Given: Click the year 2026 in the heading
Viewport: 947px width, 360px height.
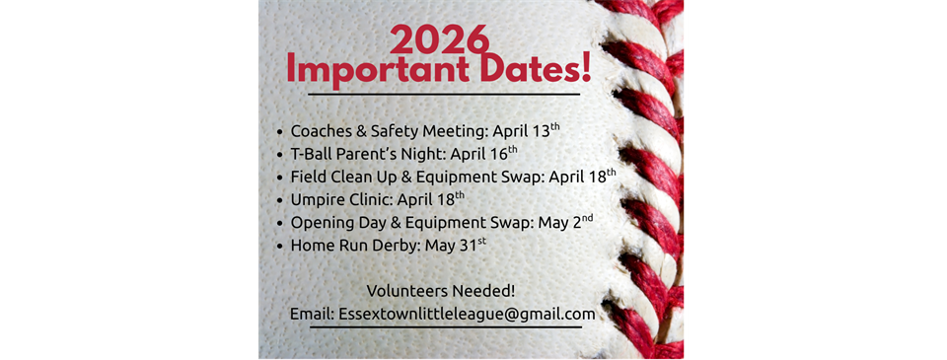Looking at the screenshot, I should click(439, 38).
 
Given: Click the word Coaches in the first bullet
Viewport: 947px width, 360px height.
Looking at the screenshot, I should click(323, 130).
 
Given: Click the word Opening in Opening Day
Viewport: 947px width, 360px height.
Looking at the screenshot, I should click(324, 221).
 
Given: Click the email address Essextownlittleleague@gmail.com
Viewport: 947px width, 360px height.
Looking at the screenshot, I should click(467, 315).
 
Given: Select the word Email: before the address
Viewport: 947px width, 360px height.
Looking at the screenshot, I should click(312, 315).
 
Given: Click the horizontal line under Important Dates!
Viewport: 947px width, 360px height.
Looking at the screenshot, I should click(443, 95).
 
